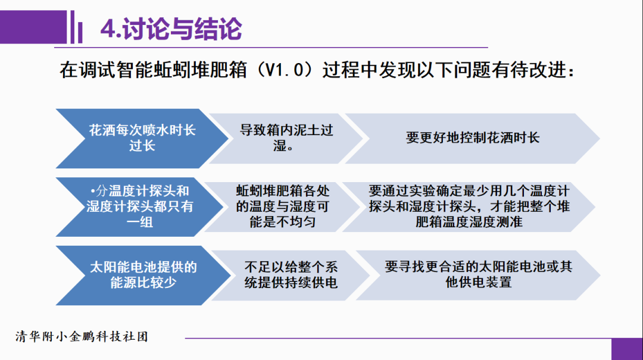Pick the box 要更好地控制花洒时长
(473, 137)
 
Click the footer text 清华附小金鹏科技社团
(82, 337)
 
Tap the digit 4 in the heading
(107, 29)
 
